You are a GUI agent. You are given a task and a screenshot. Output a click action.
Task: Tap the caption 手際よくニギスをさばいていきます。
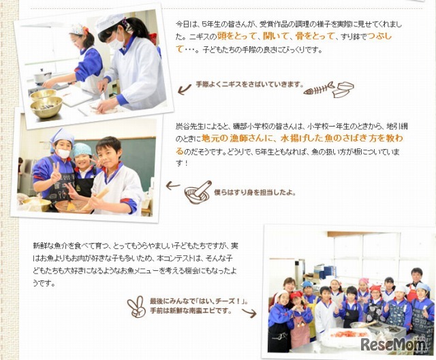(x=248, y=84)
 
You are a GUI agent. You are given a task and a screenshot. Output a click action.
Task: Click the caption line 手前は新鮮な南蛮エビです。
(x=191, y=311)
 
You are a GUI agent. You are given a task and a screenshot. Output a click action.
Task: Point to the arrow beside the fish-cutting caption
(x=183, y=86)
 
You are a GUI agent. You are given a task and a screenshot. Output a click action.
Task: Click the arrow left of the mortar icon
(x=173, y=184)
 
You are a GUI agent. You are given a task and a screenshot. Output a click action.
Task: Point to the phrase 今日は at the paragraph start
(x=185, y=23)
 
